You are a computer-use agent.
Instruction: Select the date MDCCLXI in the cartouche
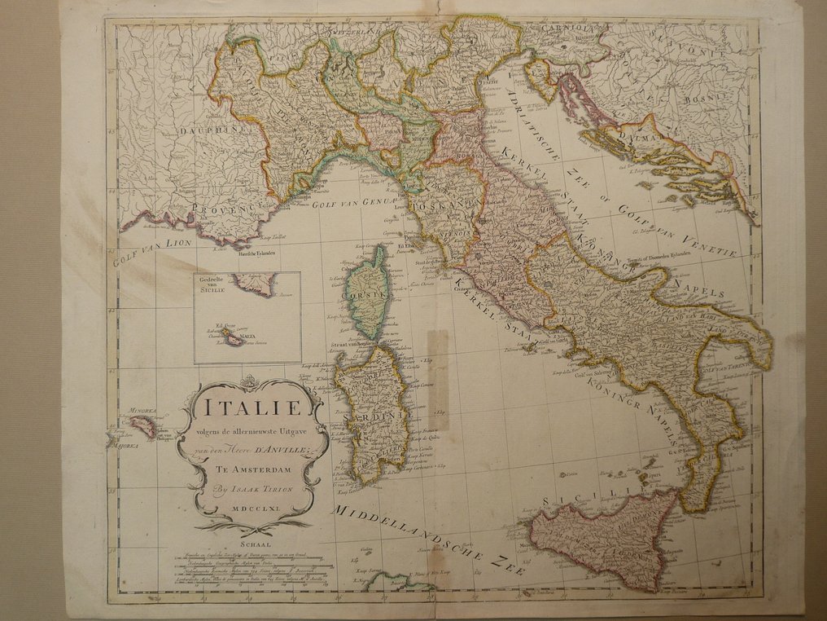[x=255, y=508]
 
